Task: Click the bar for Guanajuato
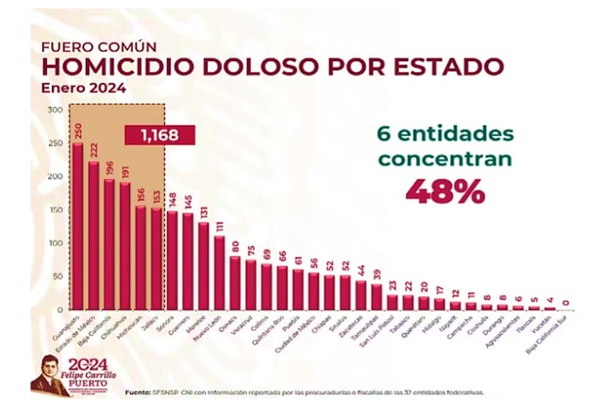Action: click(78, 226)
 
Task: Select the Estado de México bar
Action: click(93, 236)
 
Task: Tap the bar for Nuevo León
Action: click(219, 273)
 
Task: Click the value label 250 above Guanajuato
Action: click(78, 128)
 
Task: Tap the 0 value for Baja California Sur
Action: click(565, 303)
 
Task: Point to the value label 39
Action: click(376, 274)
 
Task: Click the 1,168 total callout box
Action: click(159, 135)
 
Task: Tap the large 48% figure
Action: click(444, 191)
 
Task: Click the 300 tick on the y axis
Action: click(54, 110)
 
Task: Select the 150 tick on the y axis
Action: click(54, 209)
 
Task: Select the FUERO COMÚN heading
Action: click(99, 45)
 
